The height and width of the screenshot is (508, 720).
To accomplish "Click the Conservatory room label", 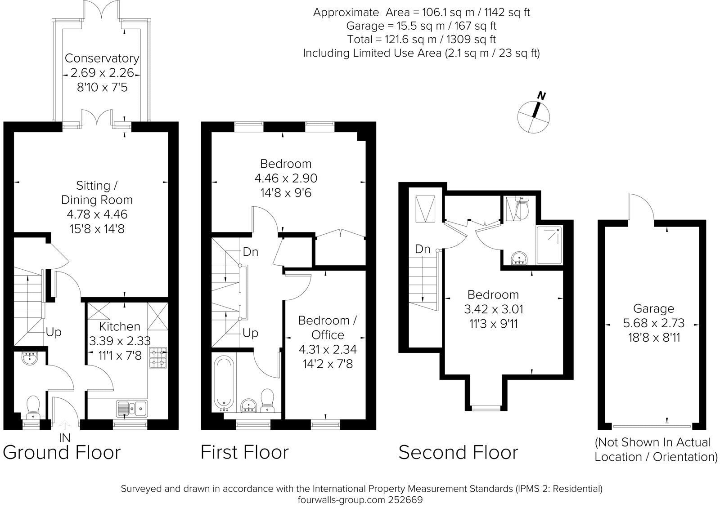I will pos(102,58).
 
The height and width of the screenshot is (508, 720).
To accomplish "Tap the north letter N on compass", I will pos(542,96).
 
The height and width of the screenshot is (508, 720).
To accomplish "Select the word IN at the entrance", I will pos(65,437).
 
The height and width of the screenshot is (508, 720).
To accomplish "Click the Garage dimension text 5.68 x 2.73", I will pos(654,323).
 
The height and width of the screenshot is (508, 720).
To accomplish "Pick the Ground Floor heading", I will pos(62,452).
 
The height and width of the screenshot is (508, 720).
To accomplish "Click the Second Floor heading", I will pos(458,452).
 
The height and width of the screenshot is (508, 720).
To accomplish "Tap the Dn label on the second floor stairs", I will pos(423,249).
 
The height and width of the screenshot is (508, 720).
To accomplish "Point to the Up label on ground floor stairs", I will pos(54,333).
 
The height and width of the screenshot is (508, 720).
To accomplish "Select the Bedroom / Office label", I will pos(327,327).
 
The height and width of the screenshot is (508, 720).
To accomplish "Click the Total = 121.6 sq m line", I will pos(421,39).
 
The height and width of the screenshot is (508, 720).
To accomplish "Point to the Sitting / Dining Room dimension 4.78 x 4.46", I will pos(97,214).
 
